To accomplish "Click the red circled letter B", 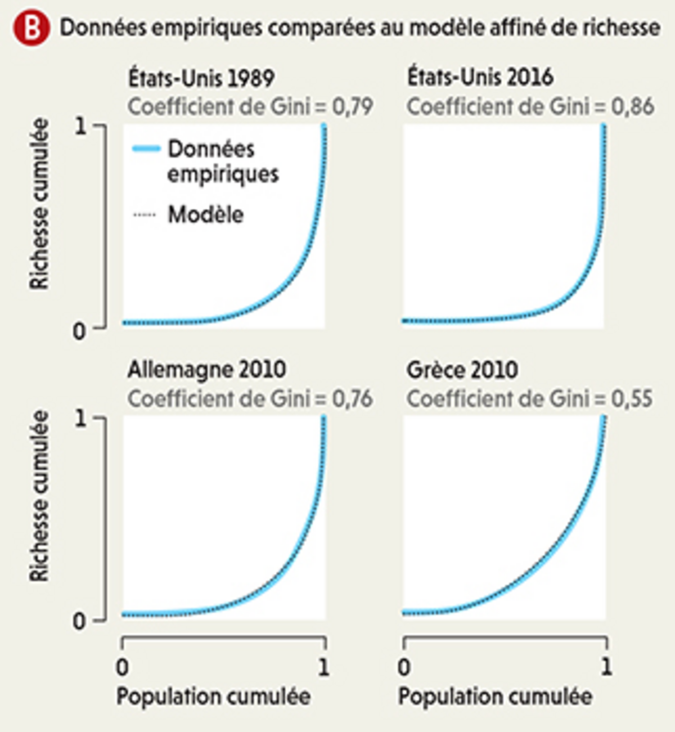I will [x=31, y=28].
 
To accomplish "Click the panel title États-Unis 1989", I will [x=201, y=78].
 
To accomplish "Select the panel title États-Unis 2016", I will [x=480, y=77].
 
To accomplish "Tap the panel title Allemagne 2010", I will [x=206, y=370].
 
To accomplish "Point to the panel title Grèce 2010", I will [x=462, y=370].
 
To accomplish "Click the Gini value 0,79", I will [x=352, y=106].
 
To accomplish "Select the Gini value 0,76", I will [x=352, y=398].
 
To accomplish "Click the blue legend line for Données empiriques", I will [x=146, y=149].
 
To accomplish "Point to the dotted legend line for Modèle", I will [x=145, y=215].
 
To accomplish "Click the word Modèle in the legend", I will [x=206, y=214].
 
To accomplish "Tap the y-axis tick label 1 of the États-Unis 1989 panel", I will [x=81, y=127].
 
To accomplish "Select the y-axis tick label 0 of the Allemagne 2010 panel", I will [x=80, y=622].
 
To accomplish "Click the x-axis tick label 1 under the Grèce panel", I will [x=606, y=667].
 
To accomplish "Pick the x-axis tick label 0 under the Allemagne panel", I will [x=123, y=667].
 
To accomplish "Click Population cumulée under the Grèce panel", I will [x=495, y=697].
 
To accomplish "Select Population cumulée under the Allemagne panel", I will [x=213, y=697].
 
